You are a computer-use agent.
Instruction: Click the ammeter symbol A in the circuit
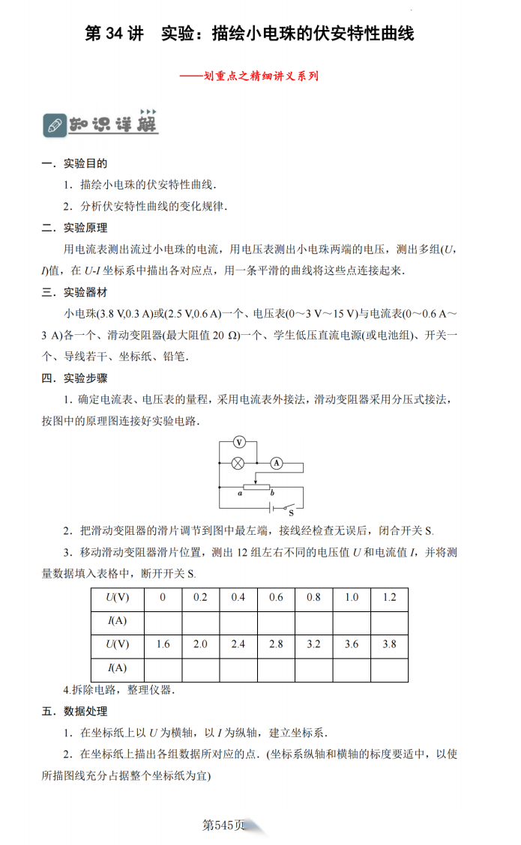coord(275,464)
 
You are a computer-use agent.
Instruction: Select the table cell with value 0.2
coord(200,598)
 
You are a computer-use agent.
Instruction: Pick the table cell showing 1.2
coord(389,598)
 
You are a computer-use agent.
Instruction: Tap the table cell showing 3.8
coord(389,644)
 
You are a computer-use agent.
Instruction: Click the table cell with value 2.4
coord(238,644)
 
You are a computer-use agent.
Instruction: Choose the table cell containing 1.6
coord(162,644)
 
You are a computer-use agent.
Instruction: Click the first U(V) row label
coord(117,598)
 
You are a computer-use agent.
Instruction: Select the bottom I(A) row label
coord(117,667)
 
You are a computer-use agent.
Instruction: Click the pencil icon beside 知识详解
coord(54,125)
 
